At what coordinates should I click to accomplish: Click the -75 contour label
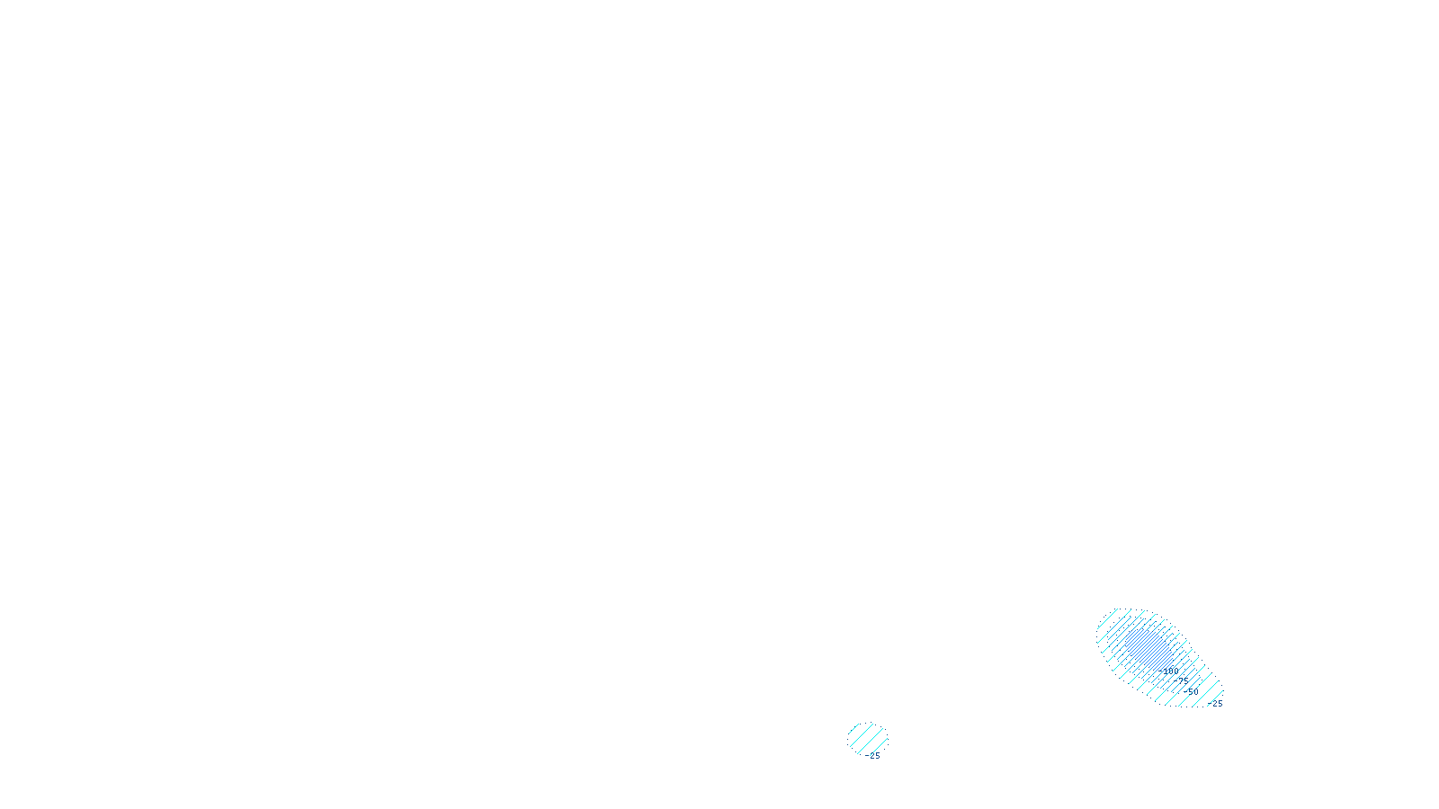pos(1182,680)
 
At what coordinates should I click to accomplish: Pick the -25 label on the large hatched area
pos(1216,704)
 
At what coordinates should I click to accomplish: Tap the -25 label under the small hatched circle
pos(872,756)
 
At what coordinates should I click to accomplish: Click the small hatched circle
pos(867,739)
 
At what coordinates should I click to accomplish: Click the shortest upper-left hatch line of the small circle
pos(854,728)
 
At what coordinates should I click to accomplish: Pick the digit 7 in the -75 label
pos(1181,680)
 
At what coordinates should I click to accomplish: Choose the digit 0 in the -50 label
pos(1195,692)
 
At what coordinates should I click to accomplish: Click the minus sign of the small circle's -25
pos(866,756)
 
